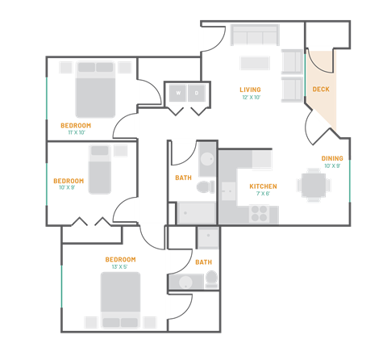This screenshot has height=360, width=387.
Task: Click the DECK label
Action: click(320, 90)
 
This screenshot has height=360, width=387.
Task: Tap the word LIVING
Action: click(250, 90)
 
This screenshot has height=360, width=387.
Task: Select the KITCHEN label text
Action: click(263, 186)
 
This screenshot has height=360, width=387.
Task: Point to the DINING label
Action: click(332, 159)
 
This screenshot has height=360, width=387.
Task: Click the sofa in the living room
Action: click(254, 35)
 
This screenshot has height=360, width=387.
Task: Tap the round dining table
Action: click(313, 185)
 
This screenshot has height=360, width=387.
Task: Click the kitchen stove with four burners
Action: click(260, 214)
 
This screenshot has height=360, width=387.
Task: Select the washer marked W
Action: click(177, 94)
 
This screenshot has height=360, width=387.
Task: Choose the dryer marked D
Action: click(198, 94)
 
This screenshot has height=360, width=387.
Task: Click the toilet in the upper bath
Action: click(206, 186)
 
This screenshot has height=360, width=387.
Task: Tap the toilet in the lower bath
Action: click(211, 280)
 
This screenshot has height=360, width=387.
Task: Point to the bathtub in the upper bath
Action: click(196, 213)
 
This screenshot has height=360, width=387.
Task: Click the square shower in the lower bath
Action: click(207, 238)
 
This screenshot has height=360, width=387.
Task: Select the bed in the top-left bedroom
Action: click(96, 90)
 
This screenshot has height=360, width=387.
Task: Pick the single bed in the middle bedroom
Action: click(99, 169)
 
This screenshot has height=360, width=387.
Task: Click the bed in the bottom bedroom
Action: click(120, 299)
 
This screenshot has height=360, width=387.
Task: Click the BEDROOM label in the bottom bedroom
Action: click(120, 259)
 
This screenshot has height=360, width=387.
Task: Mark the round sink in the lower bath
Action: click(185, 283)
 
